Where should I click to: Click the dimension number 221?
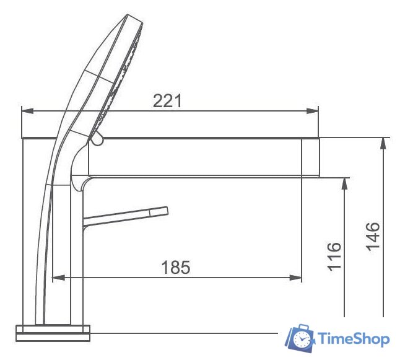click(x=168, y=100)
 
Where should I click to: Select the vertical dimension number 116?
click(x=334, y=255)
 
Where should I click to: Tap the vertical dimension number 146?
click(x=373, y=235)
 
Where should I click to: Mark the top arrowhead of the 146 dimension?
click(x=383, y=142)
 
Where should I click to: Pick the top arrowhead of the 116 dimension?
click(x=344, y=182)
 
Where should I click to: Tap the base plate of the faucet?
click(x=53, y=333)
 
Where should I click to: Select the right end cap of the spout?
click(x=311, y=158)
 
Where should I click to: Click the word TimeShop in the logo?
click(x=354, y=339)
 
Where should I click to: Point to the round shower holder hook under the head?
click(x=97, y=141)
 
